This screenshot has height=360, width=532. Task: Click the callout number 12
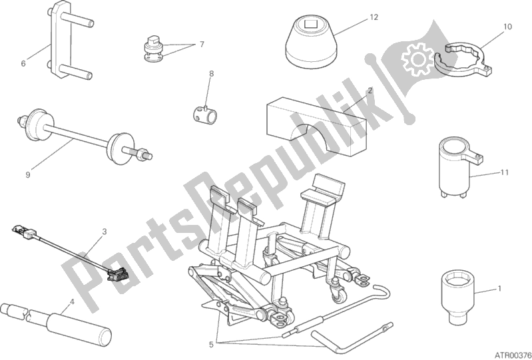point(374,17)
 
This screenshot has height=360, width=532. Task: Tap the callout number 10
point(507,27)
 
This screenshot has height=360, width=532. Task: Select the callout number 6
point(23,63)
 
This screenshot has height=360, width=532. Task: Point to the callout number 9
point(28,174)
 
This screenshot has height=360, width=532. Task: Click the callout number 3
point(104,232)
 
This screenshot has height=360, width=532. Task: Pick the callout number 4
point(71,300)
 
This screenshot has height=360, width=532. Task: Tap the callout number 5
point(211,345)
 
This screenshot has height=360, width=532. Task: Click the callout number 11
point(505,172)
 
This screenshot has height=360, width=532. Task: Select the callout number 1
point(499,289)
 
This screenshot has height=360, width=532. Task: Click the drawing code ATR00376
point(513,355)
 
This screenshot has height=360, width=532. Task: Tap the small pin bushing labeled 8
point(204,114)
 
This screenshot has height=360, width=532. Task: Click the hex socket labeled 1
point(457,297)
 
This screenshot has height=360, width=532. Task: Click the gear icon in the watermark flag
point(417,60)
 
